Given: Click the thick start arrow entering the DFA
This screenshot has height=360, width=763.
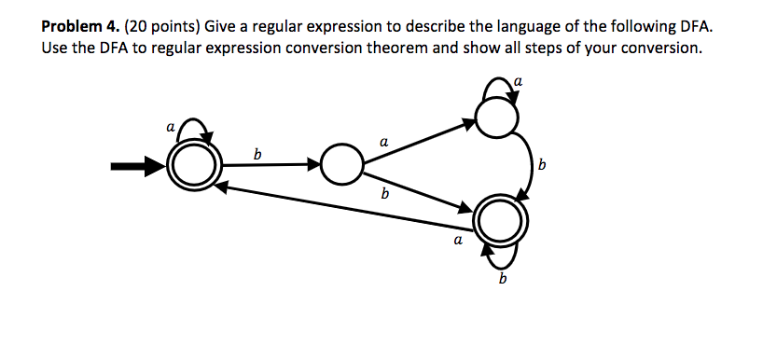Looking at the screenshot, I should tap(135, 168).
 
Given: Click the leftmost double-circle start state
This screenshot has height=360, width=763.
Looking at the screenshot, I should tap(192, 168).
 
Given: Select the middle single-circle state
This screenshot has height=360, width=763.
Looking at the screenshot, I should tap(341, 167).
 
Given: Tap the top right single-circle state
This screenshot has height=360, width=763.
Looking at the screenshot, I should tap(494, 118).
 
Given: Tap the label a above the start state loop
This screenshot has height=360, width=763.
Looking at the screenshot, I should tap(169, 123).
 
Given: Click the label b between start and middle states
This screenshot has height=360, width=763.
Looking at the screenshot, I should tap(257, 153).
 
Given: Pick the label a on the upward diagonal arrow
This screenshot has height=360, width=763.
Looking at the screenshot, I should tap(383, 141).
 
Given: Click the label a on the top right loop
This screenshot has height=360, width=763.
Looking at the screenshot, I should tap(519, 82).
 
